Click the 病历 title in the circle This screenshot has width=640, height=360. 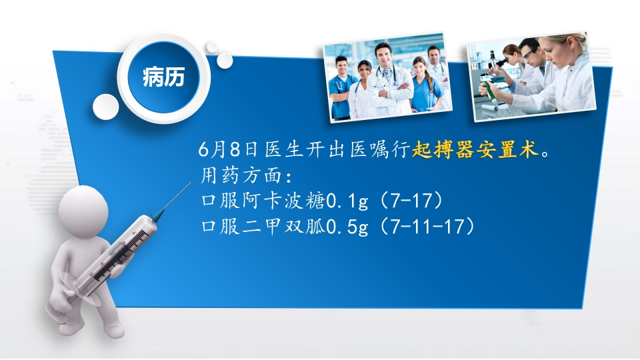163,77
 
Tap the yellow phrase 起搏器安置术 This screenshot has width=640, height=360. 475,149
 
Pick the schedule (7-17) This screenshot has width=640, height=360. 415,201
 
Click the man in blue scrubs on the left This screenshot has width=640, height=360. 342,87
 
